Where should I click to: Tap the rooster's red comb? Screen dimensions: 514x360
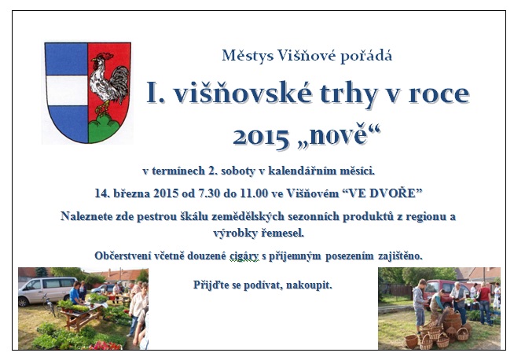(106, 56)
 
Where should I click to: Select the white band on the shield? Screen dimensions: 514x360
(68, 90)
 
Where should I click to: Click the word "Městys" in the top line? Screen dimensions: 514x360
(248, 55)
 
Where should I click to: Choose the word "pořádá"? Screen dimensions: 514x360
(365, 56)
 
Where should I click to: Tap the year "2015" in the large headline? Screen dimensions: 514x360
(261, 137)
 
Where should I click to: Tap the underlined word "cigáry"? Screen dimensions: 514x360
(244, 256)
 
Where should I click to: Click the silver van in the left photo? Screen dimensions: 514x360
(46, 291)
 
